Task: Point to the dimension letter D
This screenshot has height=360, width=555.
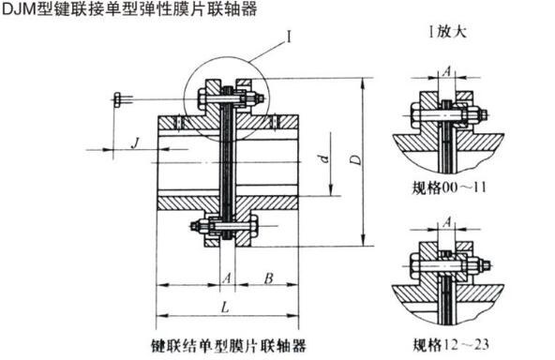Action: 355,160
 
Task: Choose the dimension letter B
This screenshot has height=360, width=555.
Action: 268,277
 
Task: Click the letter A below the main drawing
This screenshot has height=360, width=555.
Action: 226,277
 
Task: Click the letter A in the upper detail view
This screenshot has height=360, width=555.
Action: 447,70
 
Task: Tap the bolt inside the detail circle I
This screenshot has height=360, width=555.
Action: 228,95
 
